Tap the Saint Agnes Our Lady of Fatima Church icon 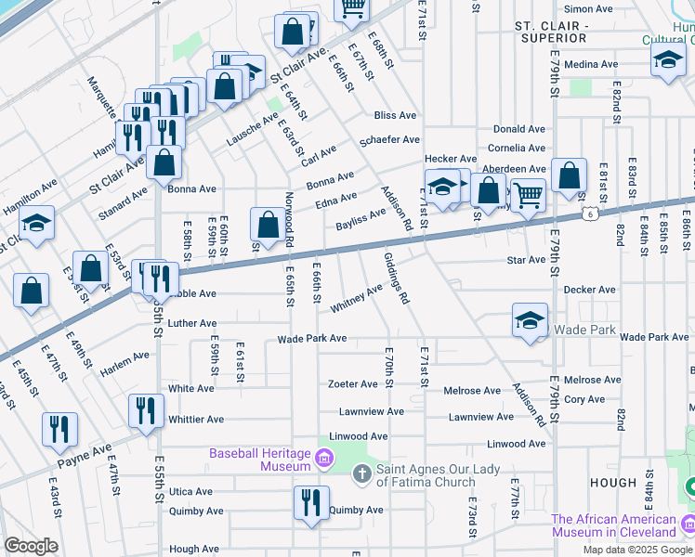click(362, 474)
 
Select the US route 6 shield click(591, 214)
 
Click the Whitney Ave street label click(357, 297)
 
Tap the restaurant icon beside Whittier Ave click(146, 409)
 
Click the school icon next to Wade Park click(530, 321)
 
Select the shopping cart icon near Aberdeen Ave click(528, 195)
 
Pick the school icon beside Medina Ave click(668, 62)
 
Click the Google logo click(30, 546)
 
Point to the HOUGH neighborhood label click(612, 484)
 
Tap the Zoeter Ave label click(353, 383)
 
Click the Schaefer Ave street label click(390, 140)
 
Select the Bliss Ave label click(395, 115)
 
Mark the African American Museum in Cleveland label click(626, 525)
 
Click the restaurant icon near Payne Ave click(59, 428)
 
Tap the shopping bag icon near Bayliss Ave click(268, 225)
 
